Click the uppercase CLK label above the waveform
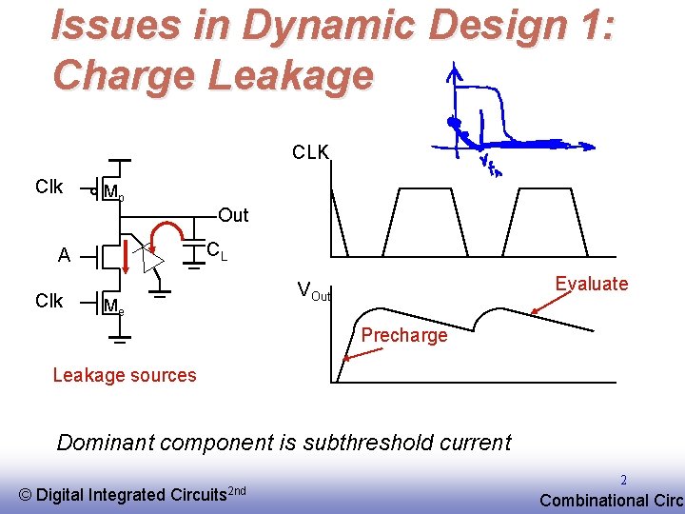(x=311, y=152)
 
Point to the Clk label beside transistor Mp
(x=49, y=186)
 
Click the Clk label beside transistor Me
(x=49, y=301)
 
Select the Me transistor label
(x=113, y=306)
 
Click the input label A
(x=64, y=255)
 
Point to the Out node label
(x=233, y=215)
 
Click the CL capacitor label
(x=217, y=251)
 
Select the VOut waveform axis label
(x=314, y=290)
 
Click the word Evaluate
(x=592, y=283)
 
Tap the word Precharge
(x=404, y=335)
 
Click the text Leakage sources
(x=125, y=374)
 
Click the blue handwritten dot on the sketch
(x=455, y=123)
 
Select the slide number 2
(x=624, y=481)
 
